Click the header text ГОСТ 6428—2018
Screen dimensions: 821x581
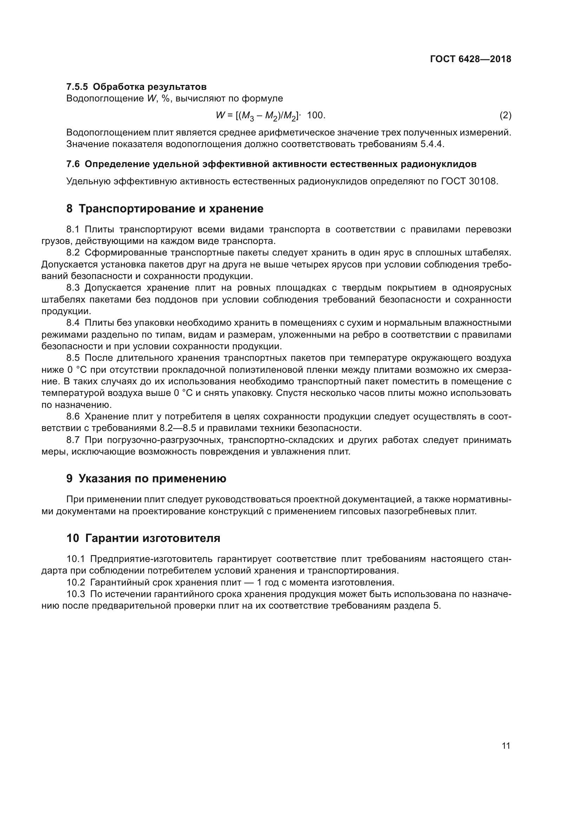470,59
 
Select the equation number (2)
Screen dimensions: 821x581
505,115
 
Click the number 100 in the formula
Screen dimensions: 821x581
315,115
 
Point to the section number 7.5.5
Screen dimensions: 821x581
77,87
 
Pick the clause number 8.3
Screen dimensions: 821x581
73,287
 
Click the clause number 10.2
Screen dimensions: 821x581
76,583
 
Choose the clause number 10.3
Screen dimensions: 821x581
76,594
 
